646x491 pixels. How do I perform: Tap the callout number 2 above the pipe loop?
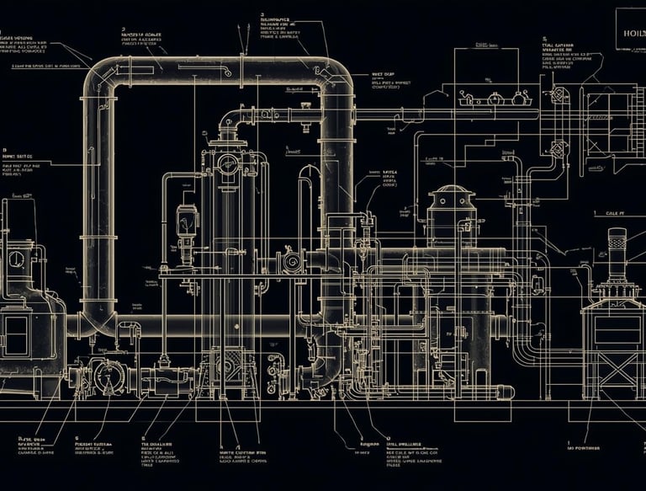pyautogui.click(x=123, y=28)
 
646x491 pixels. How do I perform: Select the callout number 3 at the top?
pyautogui.click(x=262, y=14)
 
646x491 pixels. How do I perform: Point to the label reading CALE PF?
pyautogui.click(x=617, y=215)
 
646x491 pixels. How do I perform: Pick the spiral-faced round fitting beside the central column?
pyautogui.click(x=293, y=263)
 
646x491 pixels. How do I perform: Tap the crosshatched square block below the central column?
pyautogui.click(x=231, y=363)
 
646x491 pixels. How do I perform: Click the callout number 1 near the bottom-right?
pyautogui.click(x=569, y=440)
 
